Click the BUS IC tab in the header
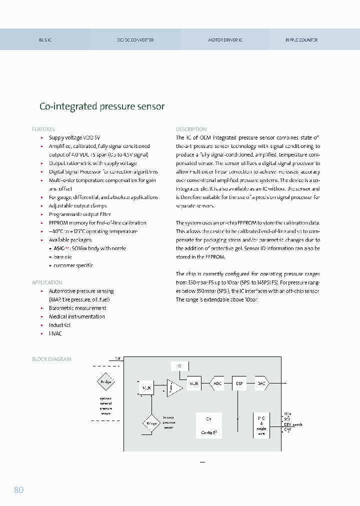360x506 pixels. coord(45,39)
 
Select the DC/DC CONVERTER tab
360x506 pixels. coord(135,39)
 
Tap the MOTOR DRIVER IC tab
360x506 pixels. coord(225,39)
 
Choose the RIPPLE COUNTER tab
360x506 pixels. coord(301,39)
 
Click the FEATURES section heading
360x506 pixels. coord(43,129)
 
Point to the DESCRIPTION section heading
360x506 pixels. coord(191,129)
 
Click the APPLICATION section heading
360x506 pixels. coord(47,282)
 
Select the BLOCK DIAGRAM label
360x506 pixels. coord(51,359)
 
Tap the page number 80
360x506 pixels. coord(18,490)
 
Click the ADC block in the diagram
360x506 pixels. coord(217,383)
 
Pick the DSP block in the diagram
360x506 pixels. coord(239,383)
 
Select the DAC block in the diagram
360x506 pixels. coord(261,383)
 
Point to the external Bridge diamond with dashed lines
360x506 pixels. coord(105,382)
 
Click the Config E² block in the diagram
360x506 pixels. coord(208,425)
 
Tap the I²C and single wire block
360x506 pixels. coord(261,425)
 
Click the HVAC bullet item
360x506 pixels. coord(55,333)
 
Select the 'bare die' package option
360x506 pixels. coord(62,257)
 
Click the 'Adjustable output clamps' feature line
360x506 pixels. coord(77,205)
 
